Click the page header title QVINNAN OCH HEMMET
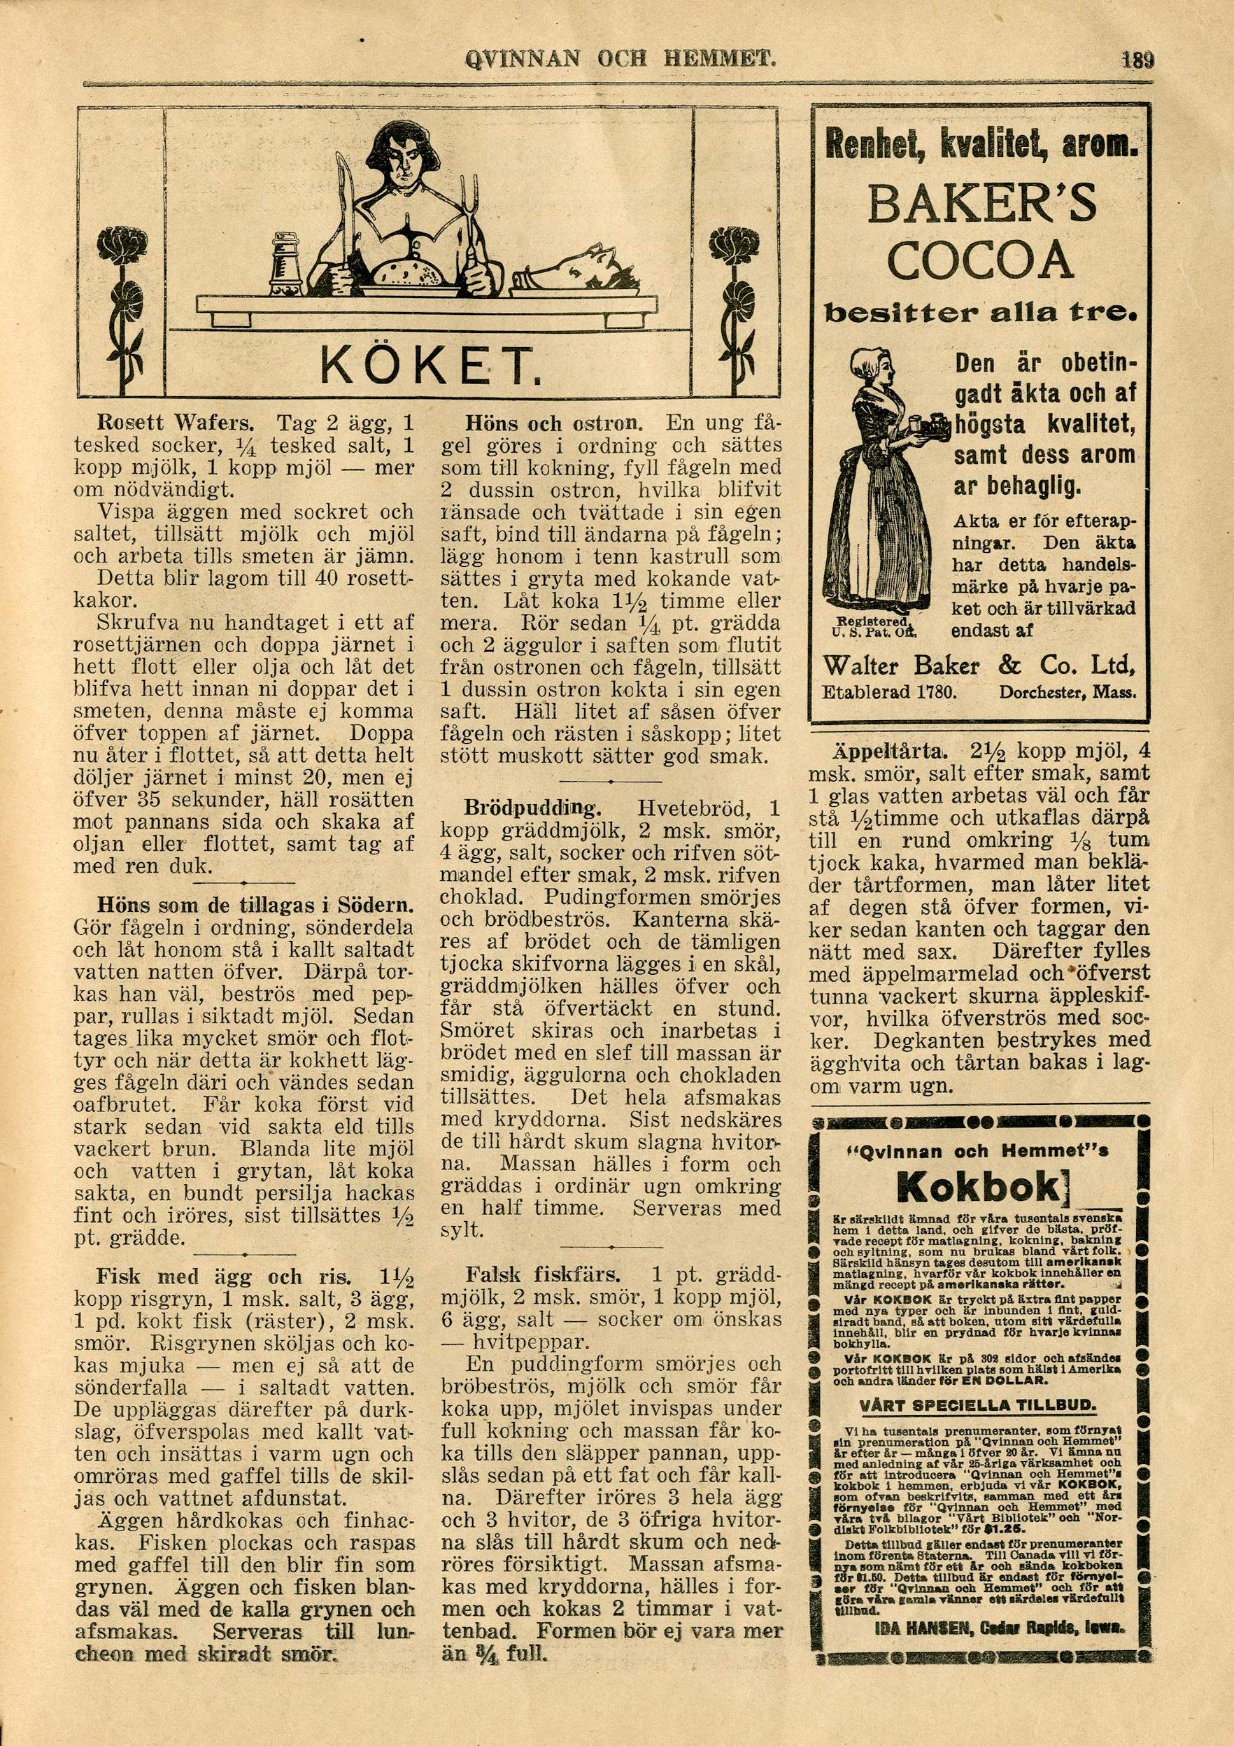[x=619, y=58]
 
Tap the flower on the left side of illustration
[x=122, y=247]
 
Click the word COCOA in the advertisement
[x=981, y=262]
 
